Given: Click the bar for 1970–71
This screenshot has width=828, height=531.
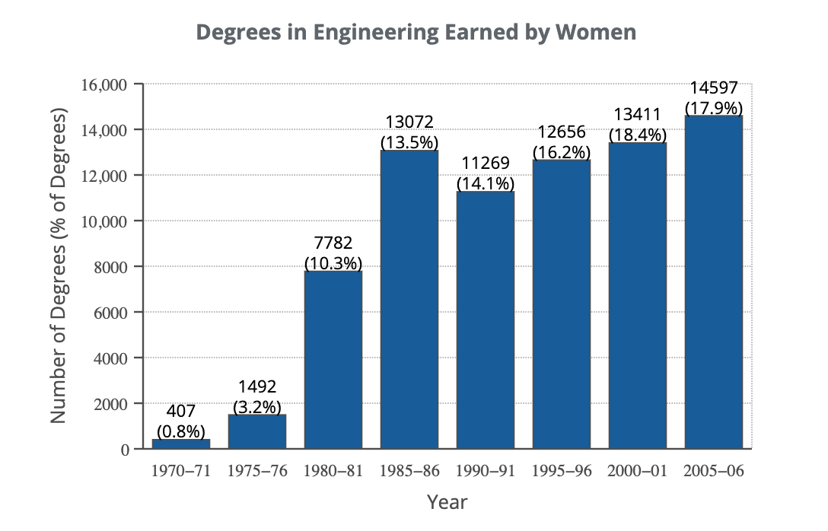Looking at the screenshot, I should coord(181,444).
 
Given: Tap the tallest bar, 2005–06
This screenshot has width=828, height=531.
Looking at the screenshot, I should coord(714,281).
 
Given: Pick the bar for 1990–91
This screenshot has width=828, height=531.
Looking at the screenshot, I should coord(486,320).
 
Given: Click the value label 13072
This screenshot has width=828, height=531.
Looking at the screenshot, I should coord(409,122).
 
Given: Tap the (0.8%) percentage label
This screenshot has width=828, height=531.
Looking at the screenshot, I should coord(181,431).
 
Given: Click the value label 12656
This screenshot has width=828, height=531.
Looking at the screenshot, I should coord(562,132).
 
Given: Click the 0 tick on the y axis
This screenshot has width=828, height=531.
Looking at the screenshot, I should coord(125,450).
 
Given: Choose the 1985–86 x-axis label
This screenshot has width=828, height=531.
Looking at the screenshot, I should coord(409,471).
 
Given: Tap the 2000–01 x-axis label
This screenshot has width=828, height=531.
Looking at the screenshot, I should coord(638,471).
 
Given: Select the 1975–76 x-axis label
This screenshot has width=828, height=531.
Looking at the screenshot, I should coord(257,471).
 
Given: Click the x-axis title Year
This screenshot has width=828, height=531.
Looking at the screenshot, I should coord(447,502).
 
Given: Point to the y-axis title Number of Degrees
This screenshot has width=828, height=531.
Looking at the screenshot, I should coord(59,266).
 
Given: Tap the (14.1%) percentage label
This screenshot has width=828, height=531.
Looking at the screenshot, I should coord(486,183).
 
